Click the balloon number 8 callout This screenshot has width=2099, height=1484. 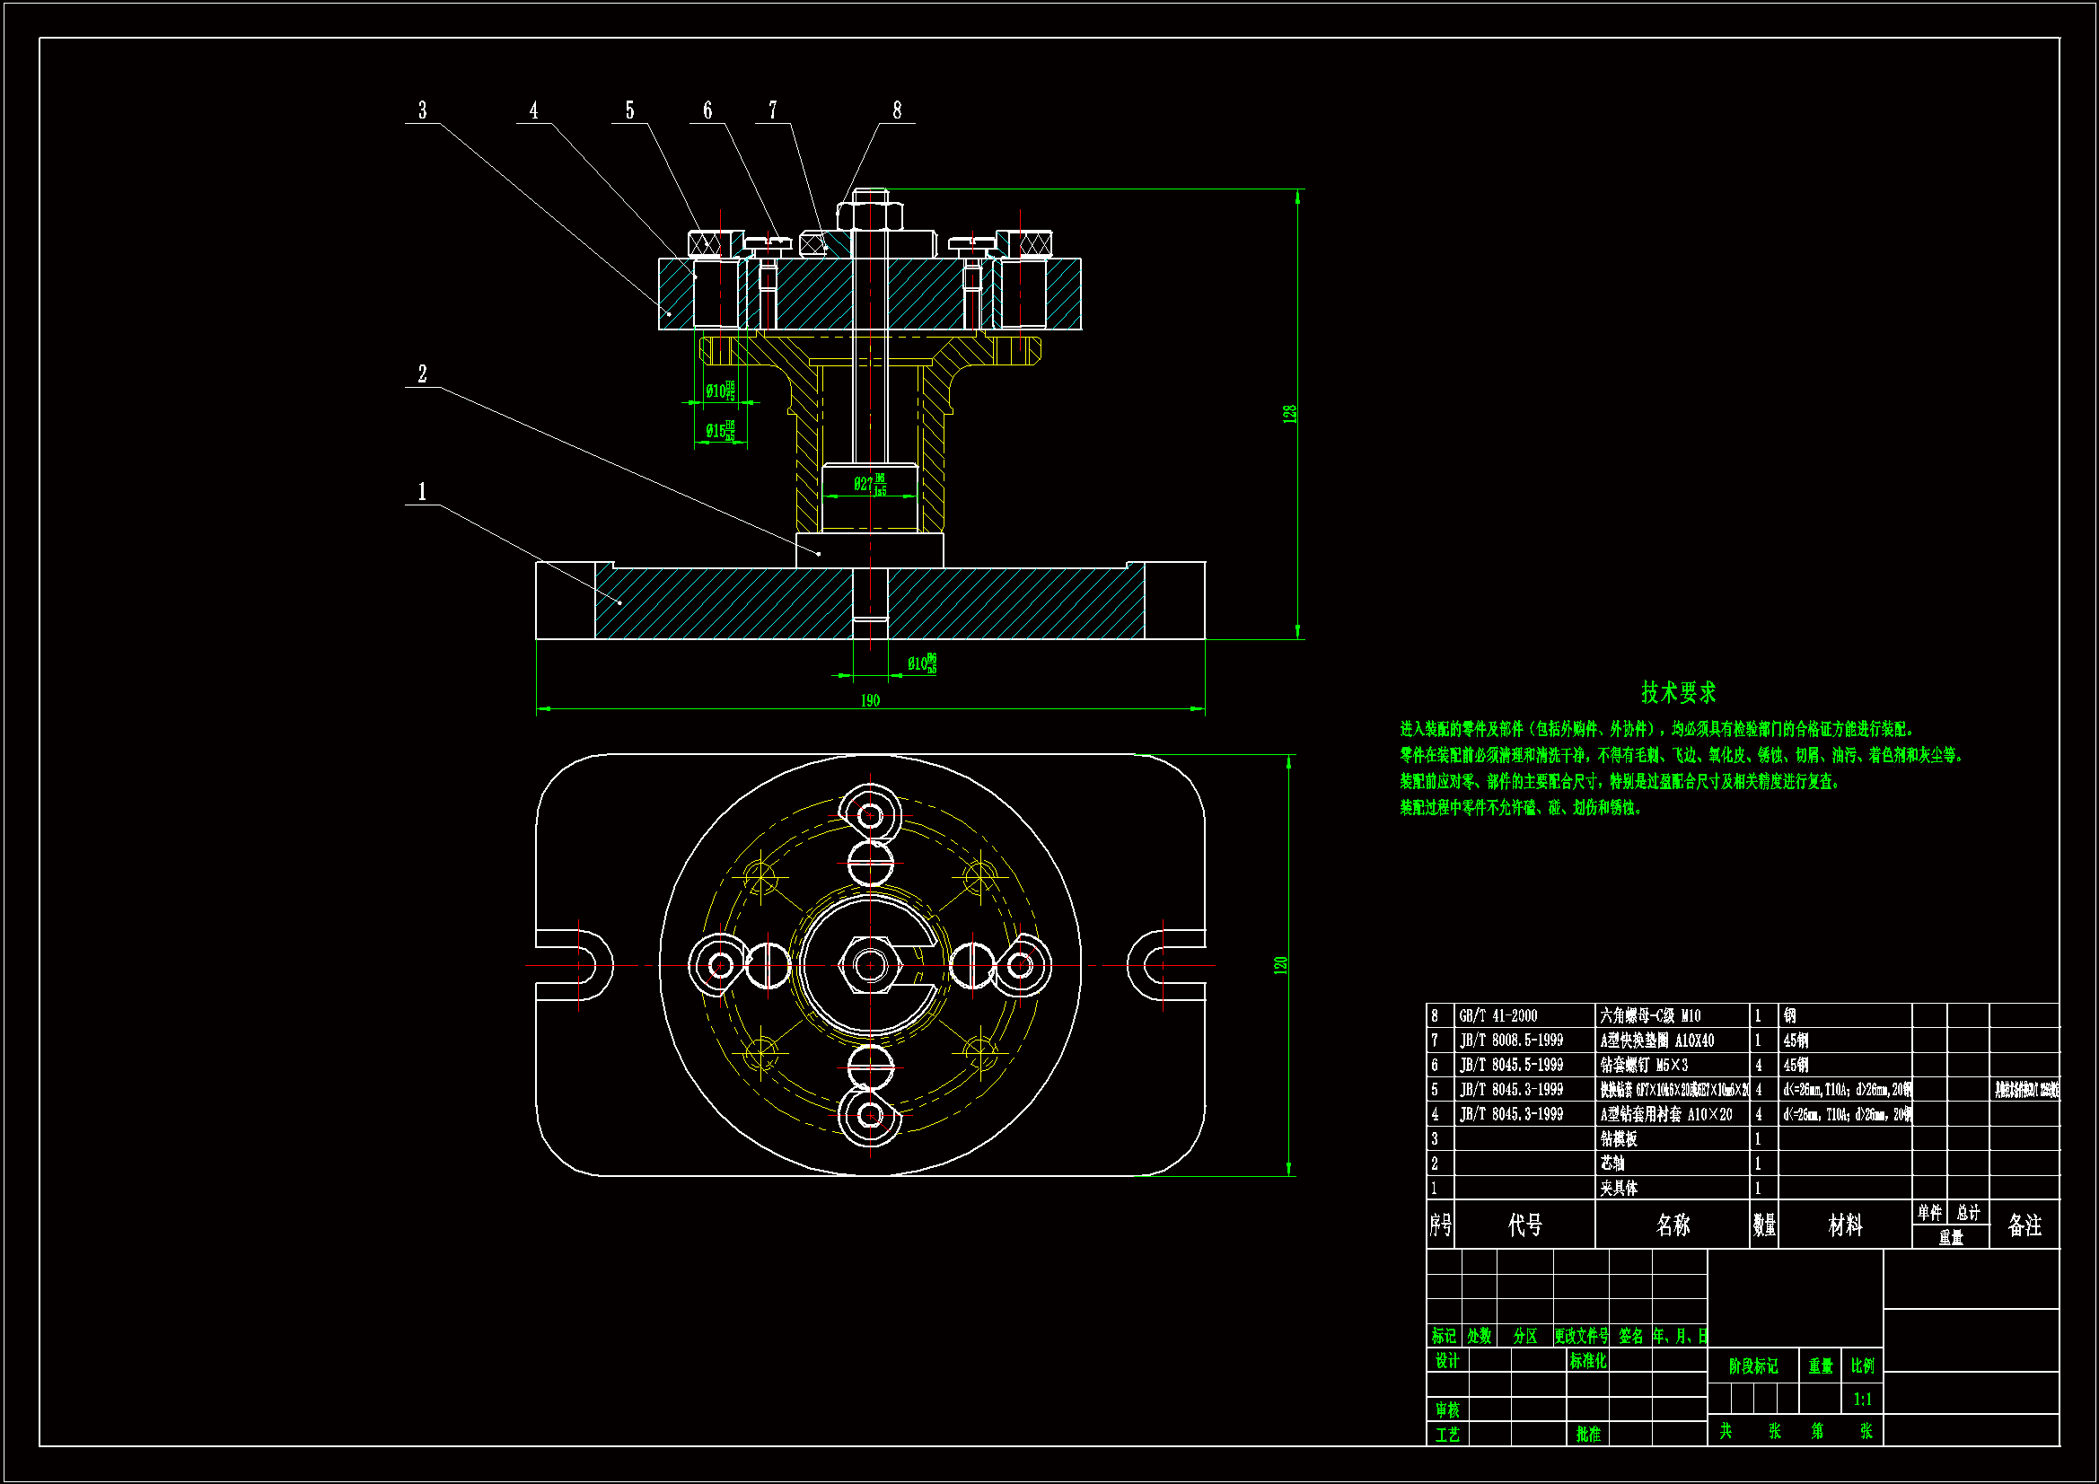tap(897, 110)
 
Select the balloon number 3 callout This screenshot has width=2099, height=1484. tap(422, 110)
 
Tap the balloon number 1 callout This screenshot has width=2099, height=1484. tap(422, 492)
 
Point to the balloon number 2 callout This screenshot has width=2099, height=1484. tap(422, 374)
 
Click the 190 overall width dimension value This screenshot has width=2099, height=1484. tap(869, 700)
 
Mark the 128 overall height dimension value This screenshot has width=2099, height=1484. tap(1290, 413)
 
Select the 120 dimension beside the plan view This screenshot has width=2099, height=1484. tap(1281, 965)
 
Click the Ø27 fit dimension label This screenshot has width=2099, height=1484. tap(869, 484)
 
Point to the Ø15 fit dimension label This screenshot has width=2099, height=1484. tap(719, 431)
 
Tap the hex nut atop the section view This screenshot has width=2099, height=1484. tap(870, 215)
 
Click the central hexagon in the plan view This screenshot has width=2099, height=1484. tap(870, 965)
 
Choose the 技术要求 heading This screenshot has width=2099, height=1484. tap(1679, 692)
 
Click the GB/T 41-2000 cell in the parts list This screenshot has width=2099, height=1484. tap(1498, 1016)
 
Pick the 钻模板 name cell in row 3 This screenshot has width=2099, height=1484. tap(1619, 1139)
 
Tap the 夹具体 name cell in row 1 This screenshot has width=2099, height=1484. tap(1619, 1189)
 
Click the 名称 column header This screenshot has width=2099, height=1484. tap(1673, 1225)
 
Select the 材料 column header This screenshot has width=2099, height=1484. tap(1845, 1225)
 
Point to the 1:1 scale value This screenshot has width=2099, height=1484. tap(1862, 1399)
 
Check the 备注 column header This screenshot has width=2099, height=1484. tap(2025, 1225)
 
